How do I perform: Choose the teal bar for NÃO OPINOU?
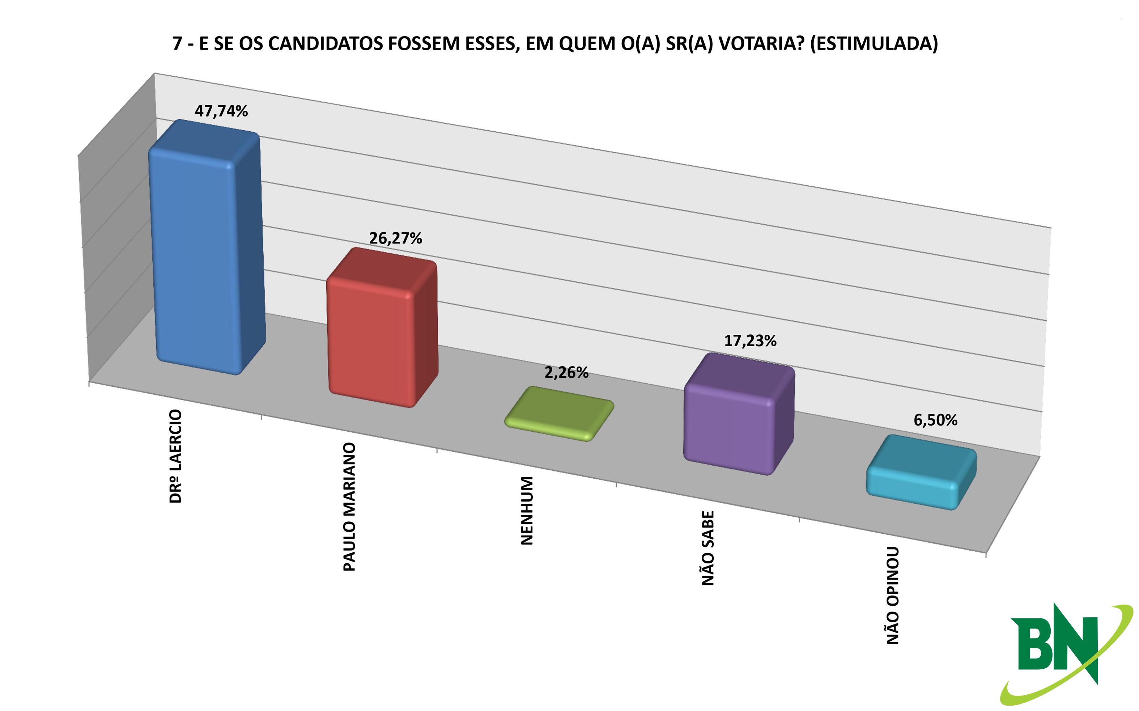[x=921, y=472]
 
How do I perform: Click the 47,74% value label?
[x=221, y=111]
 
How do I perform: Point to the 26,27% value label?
[x=395, y=238]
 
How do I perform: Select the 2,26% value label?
[x=566, y=372]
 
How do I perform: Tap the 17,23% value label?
[x=750, y=340]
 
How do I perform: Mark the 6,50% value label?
[x=935, y=420]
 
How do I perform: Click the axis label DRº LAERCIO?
[x=175, y=456]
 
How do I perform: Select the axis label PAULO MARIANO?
[x=349, y=507]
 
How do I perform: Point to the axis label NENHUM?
[x=527, y=511]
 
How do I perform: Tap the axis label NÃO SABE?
[x=708, y=548]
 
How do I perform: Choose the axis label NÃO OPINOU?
[x=893, y=595]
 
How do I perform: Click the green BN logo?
[x=1067, y=653]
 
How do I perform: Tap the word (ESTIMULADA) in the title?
[x=874, y=44]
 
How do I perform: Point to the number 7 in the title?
[x=177, y=43]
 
